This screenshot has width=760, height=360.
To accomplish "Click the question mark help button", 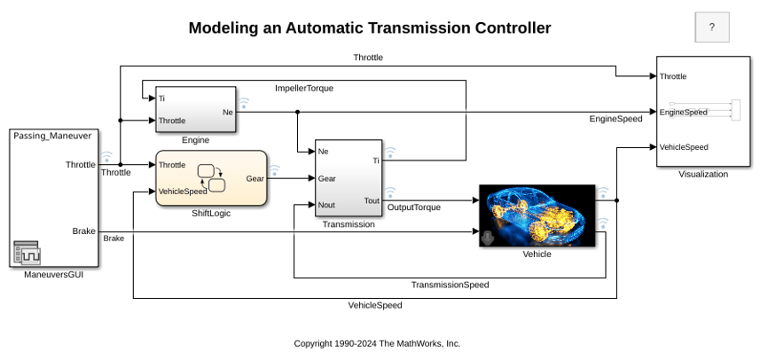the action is (711, 27).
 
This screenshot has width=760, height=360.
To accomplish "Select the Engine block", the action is (195, 109).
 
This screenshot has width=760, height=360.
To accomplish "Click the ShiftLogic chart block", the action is (211, 178).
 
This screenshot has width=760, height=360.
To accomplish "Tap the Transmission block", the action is (348, 178).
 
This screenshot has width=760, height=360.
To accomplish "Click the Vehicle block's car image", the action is (537, 215).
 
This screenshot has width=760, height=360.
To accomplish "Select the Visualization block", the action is (703, 112).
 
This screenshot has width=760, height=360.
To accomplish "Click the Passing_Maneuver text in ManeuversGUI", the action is (52, 136).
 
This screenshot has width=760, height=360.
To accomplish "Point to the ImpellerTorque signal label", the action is (304, 89).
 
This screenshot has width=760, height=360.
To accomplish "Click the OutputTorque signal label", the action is (414, 207).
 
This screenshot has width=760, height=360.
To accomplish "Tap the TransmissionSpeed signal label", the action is (451, 285).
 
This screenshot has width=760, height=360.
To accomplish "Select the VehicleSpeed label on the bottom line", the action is (375, 305).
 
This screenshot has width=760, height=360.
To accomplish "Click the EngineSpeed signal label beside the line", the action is (615, 119).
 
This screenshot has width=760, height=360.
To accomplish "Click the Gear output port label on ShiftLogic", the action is (255, 179).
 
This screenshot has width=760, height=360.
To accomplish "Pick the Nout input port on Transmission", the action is (326, 205).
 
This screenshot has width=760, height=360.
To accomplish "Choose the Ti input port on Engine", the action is (161, 98).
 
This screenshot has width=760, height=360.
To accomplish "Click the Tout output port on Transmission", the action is (372, 200).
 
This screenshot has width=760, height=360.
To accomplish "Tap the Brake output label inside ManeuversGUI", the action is (84, 231).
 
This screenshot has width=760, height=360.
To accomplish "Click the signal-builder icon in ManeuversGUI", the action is (27, 253).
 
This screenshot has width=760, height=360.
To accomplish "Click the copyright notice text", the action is (377, 343).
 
